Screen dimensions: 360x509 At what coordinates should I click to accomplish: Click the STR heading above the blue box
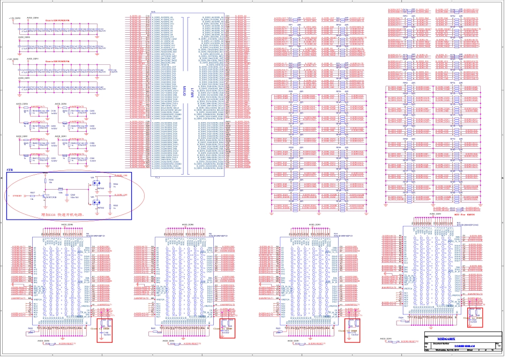9,169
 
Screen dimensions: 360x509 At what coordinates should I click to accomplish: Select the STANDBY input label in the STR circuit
18,197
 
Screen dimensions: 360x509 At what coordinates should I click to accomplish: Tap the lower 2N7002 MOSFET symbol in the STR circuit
98,203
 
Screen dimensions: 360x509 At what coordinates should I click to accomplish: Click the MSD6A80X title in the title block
446,340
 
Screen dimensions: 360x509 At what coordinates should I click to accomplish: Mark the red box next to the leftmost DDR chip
102,328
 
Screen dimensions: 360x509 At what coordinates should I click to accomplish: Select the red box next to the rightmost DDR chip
475,317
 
